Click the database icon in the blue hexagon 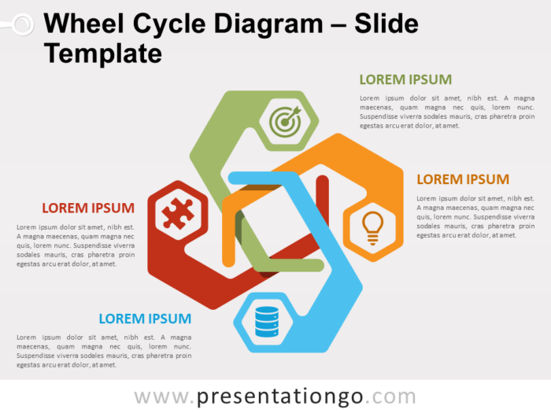pyautogui.click(x=266, y=321)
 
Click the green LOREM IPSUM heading pyautogui.click(x=405, y=79)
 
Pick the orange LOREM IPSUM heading pyautogui.click(x=463, y=179)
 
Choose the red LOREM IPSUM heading pyautogui.click(x=88, y=208)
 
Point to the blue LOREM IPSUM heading pyautogui.click(x=145, y=319)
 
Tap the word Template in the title pyautogui.click(x=103, y=53)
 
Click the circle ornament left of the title pyautogui.click(x=22, y=25)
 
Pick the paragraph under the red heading pyautogui.click(x=76, y=245)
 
